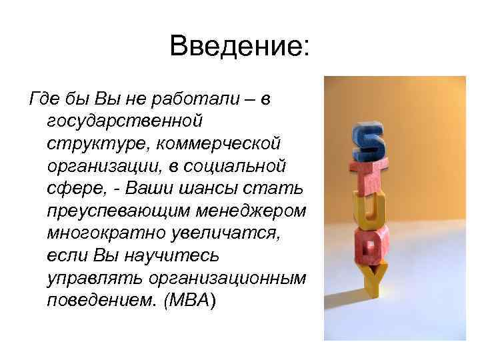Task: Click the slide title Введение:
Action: [240, 47]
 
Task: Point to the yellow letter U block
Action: [369, 213]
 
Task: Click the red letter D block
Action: [368, 248]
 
